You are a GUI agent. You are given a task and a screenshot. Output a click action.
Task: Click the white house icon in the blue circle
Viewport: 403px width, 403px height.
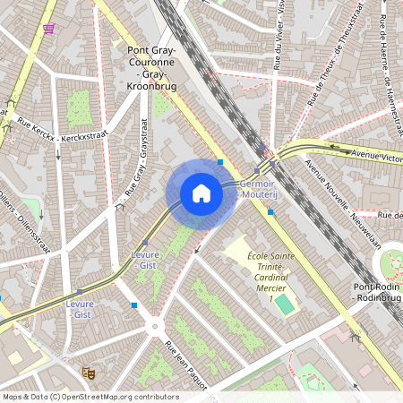click(x=201, y=193)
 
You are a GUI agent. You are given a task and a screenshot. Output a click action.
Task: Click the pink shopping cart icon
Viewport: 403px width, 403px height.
click(x=47, y=29)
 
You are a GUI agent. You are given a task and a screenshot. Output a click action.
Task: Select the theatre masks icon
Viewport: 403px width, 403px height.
click(x=89, y=371)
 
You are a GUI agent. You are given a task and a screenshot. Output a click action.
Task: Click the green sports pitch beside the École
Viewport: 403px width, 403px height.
click(x=284, y=304)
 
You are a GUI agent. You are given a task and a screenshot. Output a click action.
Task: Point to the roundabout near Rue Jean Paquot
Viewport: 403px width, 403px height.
click(x=155, y=327)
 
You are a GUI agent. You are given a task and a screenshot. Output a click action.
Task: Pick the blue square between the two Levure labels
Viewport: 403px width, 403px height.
click(x=134, y=305)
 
